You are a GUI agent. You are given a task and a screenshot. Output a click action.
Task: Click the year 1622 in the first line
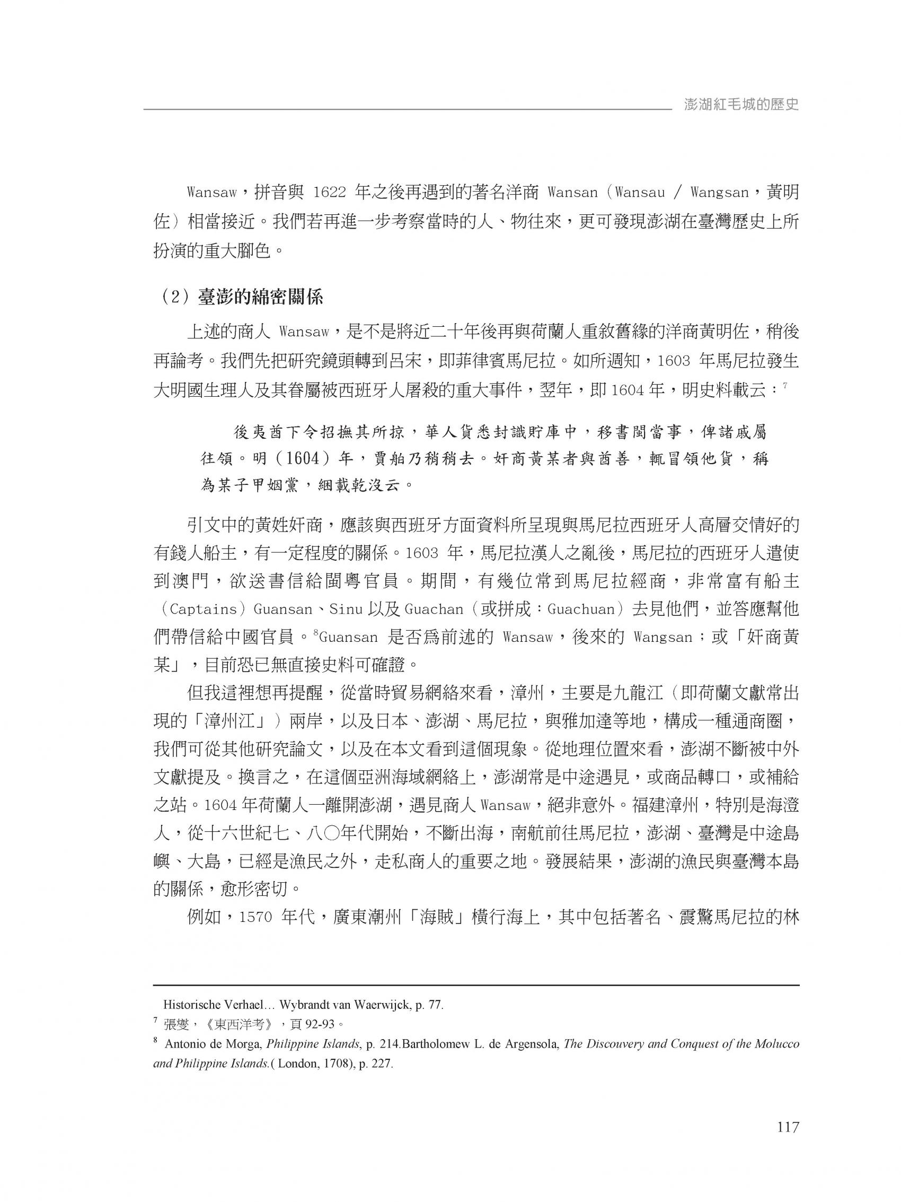pos(329,193)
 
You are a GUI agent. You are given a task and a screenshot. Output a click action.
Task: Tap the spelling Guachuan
pos(580,608)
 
